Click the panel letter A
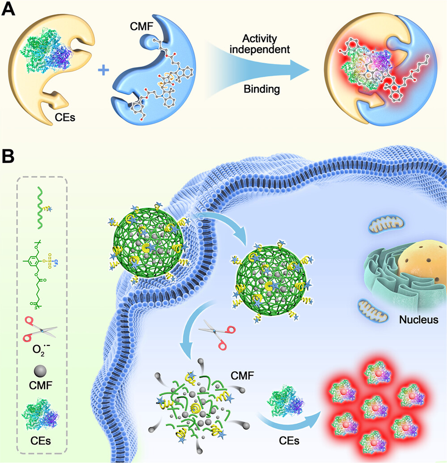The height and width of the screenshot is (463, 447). click(10, 9)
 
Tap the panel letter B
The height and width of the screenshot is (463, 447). click(9, 157)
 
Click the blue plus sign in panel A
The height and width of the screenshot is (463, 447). click(103, 70)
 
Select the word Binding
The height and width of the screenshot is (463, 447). click(262, 89)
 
